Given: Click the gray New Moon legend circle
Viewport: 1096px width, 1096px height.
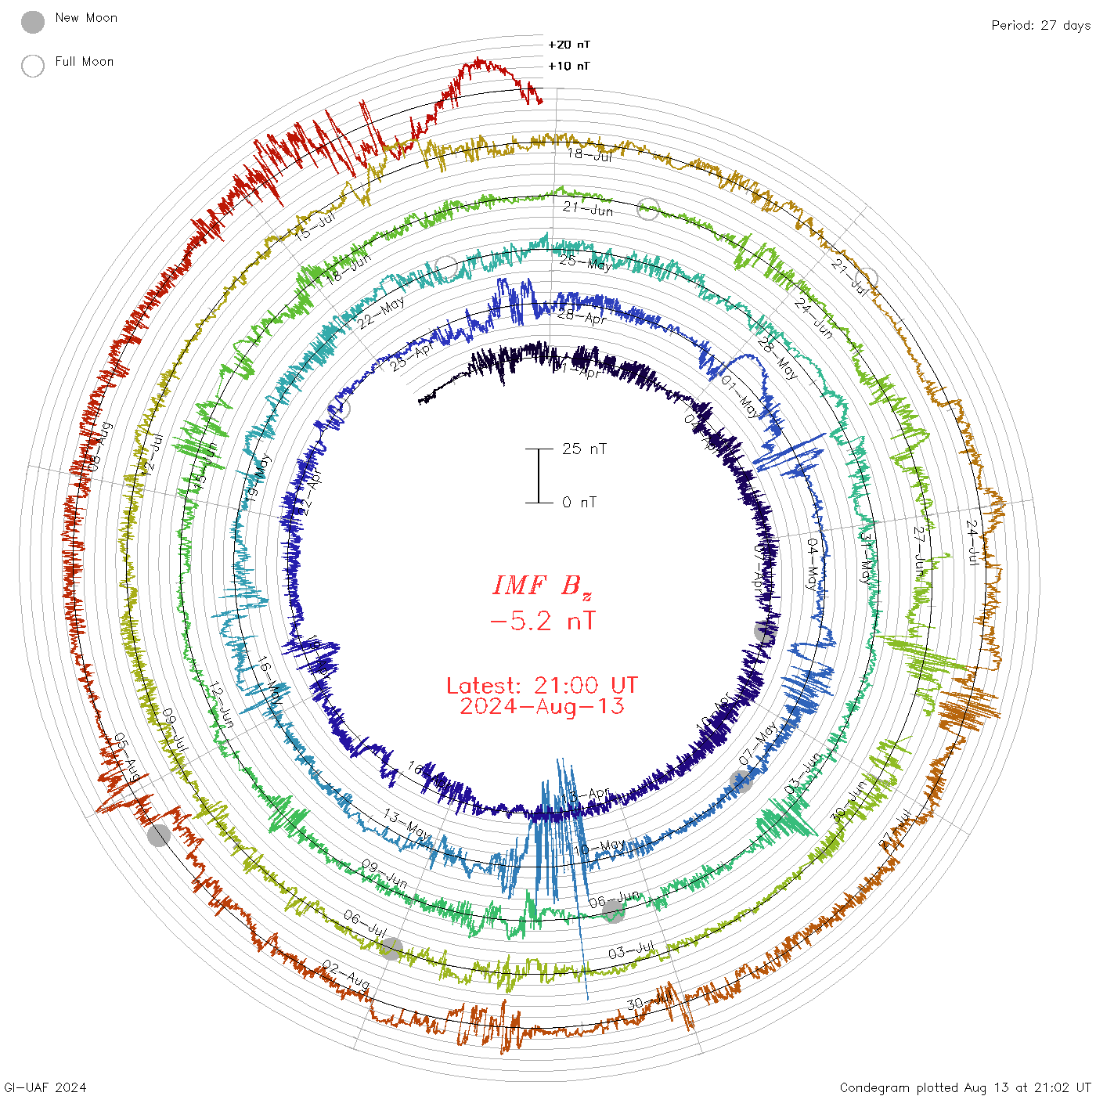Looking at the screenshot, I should pos(33,23).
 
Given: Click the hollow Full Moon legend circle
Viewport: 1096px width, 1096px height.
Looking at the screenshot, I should pos(33,66).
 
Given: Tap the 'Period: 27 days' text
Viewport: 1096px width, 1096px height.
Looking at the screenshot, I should pos(1040,25).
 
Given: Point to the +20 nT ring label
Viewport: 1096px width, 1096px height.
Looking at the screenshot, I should pos(569,45).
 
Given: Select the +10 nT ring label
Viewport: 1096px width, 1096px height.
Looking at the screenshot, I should pos(569,66).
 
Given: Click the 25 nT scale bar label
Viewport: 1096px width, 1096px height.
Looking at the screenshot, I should pos(584,449).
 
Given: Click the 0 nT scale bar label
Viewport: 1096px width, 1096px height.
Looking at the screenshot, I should pos(579,502).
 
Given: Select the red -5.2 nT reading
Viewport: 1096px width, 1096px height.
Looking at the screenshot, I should pos(542,622).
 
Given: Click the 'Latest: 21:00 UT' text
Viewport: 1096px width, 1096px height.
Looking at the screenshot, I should pos(542,686).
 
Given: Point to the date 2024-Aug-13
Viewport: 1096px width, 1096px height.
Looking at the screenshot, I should pos(542,706).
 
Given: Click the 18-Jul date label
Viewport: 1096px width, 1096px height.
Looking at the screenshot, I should pos(589,154).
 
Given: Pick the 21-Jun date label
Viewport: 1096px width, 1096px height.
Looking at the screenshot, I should pos(588,208).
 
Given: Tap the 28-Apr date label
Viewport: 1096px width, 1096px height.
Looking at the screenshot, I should pos(582,316).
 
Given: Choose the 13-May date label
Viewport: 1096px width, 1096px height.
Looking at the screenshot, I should pos(406,825).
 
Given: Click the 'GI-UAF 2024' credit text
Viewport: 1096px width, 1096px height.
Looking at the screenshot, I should pos(45,1087).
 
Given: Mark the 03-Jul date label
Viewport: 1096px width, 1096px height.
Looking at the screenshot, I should pos(631,950).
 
